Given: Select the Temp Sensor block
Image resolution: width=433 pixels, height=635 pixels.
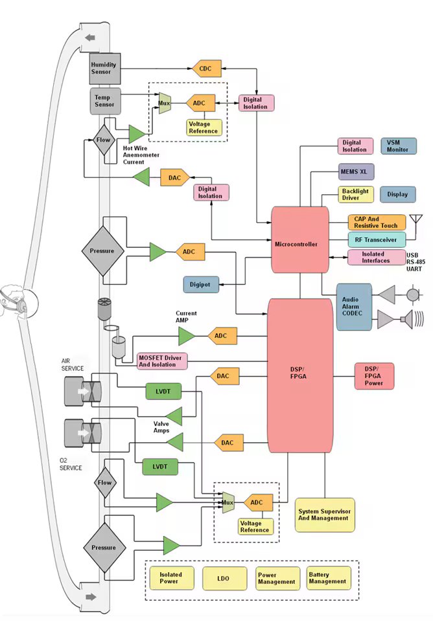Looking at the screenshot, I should [x=104, y=101].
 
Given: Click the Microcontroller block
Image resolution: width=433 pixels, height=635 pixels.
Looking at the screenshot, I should [x=300, y=244].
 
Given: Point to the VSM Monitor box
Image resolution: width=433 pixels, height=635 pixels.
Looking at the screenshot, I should [x=398, y=146].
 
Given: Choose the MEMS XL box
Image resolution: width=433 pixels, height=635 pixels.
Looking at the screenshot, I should [x=357, y=172].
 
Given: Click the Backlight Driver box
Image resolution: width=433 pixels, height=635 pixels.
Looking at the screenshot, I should [x=355, y=195].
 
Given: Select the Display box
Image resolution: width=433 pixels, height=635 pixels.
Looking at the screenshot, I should [x=398, y=194].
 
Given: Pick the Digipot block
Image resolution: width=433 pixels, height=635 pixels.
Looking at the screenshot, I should [x=200, y=284].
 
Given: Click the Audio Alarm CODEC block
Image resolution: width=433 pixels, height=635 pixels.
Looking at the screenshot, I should [x=354, y=307].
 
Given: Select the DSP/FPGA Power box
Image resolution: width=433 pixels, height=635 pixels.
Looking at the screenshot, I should [x=374, y=375].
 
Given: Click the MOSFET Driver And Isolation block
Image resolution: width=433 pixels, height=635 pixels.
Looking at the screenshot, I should [x=162, y=361].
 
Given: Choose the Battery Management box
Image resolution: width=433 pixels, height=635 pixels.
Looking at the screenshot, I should [x=328, y=578].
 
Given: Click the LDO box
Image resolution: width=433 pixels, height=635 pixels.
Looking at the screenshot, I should [x=224, y=578].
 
